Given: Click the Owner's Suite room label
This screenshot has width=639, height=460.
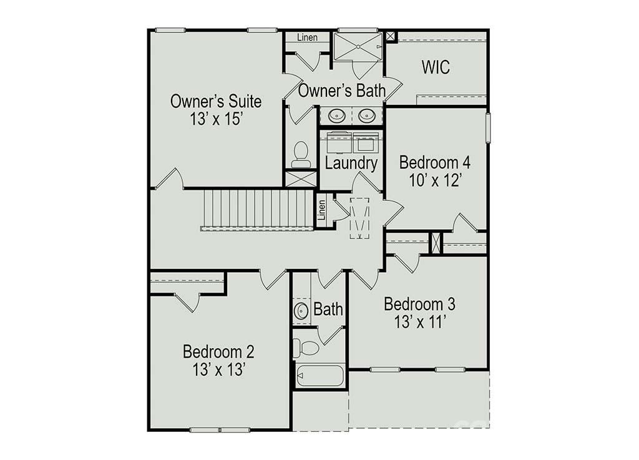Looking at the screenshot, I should click(216, 101).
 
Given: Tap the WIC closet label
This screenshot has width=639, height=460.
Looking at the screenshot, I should click(436, 67).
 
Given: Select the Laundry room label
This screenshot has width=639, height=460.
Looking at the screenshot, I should click(351, 164).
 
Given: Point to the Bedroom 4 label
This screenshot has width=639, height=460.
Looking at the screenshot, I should click(434, 163).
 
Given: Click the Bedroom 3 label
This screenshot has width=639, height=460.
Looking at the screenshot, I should click(419, 305).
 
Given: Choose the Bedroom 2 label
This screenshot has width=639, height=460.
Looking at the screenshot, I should click(218, 351).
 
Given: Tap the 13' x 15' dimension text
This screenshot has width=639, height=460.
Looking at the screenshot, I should click(216, 119).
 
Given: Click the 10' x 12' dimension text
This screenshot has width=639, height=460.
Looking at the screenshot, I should click(434, 182).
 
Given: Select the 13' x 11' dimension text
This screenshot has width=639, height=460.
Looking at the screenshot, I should click(419, 323).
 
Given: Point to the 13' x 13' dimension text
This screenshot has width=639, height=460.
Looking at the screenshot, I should click(218, 369).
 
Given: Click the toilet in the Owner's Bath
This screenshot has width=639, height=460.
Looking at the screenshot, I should click(301, 154).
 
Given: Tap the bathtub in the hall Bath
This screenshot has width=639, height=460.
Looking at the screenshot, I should click(319, 376).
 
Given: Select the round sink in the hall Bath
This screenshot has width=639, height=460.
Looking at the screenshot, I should click(301, 310).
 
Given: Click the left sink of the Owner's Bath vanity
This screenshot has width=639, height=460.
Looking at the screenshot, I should click(337, 115).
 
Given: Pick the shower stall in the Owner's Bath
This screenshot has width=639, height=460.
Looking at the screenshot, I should click(358, 46).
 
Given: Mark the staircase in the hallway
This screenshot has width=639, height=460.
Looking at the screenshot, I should click(257, 210).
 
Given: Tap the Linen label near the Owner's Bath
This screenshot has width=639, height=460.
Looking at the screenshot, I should click(307, 37).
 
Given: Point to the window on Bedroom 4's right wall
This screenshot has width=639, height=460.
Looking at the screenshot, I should click(489, 127).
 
